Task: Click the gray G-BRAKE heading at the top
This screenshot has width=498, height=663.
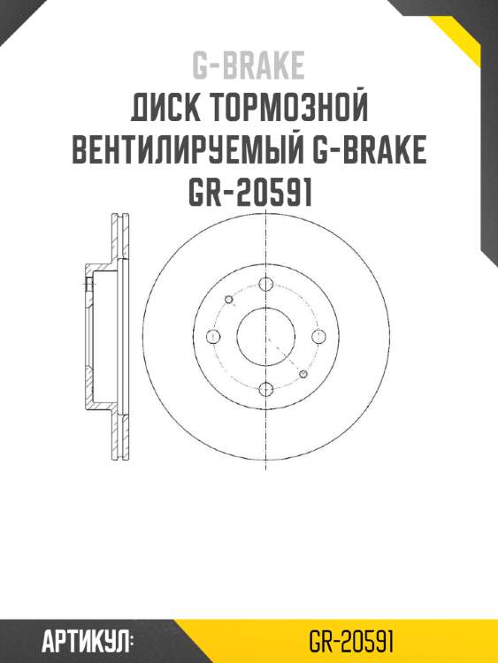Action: [x=249, y=65]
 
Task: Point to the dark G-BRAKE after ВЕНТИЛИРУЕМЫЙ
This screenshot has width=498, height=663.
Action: [x=371, y=151]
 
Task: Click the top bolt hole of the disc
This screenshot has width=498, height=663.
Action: [x=266, y=284]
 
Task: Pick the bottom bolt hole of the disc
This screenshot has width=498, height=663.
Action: [x=266, y=387]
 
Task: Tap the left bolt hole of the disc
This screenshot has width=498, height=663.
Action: [x=213, y=336]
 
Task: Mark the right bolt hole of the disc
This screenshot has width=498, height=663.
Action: [x=319, y=336]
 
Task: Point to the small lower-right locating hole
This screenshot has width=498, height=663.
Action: [x=303, y=374]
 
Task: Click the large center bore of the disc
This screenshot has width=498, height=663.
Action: [x=266, y=336]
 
